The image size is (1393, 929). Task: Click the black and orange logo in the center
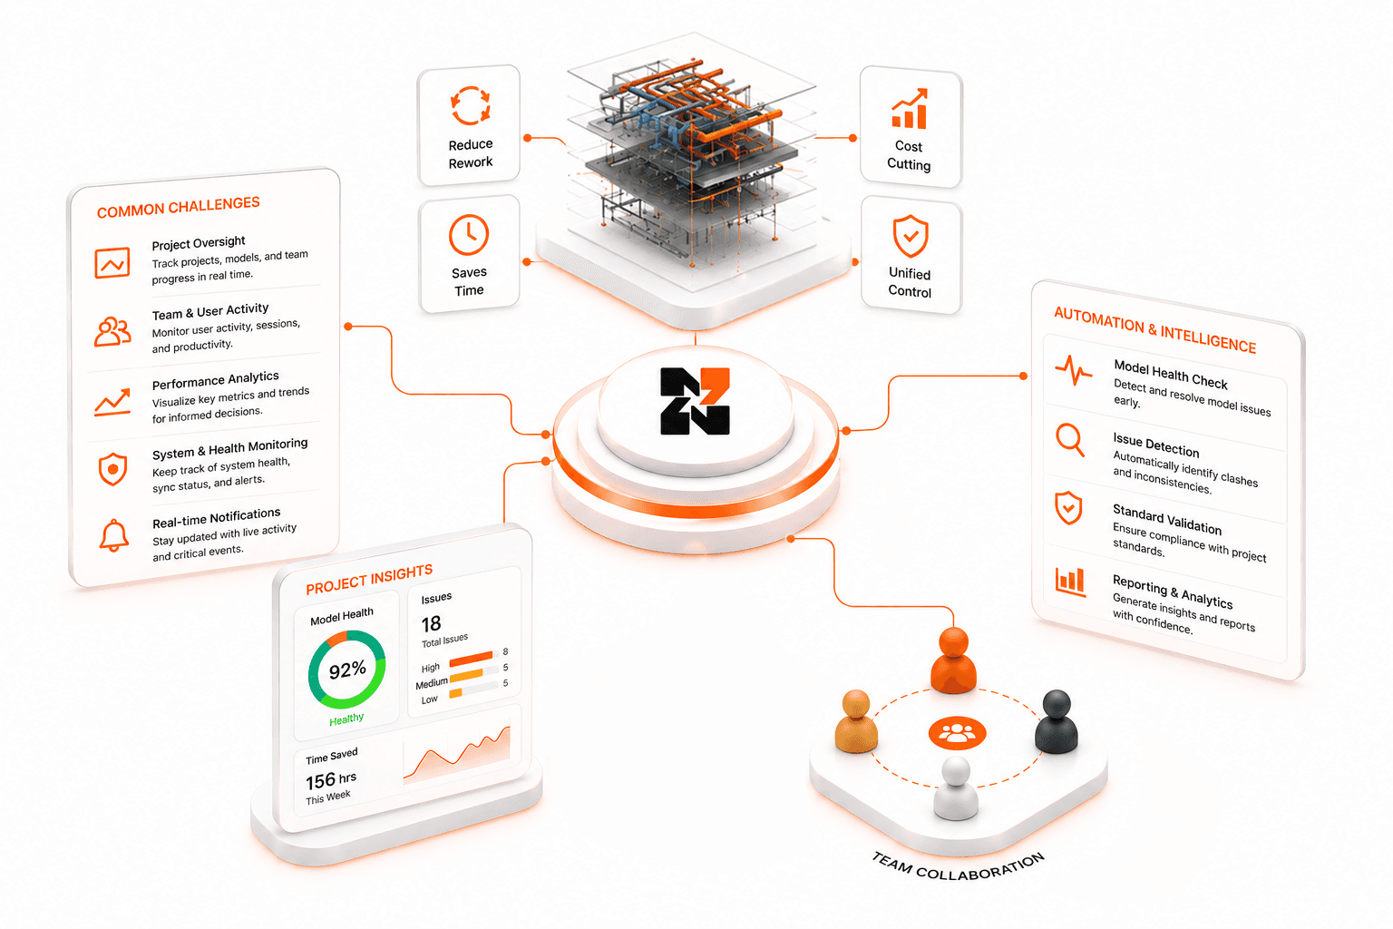[695, 401]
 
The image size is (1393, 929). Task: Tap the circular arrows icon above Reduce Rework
[470, 105]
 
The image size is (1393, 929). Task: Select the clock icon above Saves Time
[469, 235]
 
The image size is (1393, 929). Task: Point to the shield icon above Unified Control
[911, 236]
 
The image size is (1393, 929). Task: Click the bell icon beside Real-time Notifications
[113, 535]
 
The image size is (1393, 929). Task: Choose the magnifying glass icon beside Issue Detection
[1070, 440]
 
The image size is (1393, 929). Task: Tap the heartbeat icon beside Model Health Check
[1074, 370]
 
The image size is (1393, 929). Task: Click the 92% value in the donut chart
[347, 670]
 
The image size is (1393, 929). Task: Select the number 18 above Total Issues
[431, 623]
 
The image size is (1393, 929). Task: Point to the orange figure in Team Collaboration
[953, 660]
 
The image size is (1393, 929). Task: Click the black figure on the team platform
[1056, 721]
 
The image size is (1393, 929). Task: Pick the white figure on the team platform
[956, 787]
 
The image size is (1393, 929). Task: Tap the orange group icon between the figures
[957, 733]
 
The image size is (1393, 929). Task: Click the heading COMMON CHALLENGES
[179, 207]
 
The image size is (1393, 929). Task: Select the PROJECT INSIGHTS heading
[369, 580]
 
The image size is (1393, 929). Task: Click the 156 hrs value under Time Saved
[331, 779]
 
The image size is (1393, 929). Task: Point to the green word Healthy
[346, 719]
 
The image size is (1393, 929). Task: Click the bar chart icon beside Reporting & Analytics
[1070, 582]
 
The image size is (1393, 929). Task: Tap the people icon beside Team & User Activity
[112, 331]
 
